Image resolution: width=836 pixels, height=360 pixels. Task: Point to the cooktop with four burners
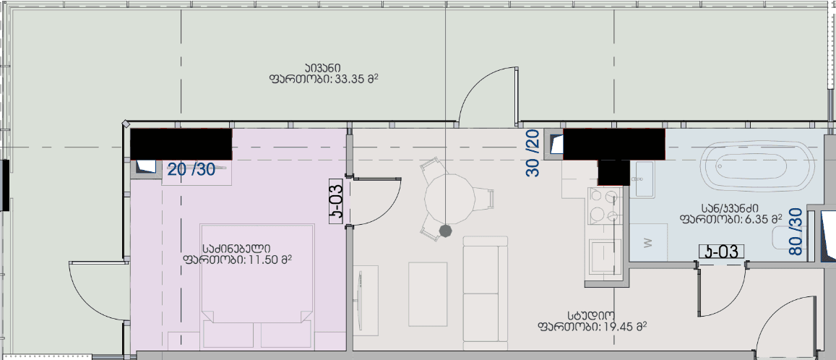point(605,206)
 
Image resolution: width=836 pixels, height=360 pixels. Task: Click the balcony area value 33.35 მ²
point(358,79)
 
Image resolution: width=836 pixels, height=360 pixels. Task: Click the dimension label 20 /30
point(191,170)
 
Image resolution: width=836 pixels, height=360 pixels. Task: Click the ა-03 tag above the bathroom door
point(720,252)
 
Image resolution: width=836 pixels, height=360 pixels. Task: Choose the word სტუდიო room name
point(592,316)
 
